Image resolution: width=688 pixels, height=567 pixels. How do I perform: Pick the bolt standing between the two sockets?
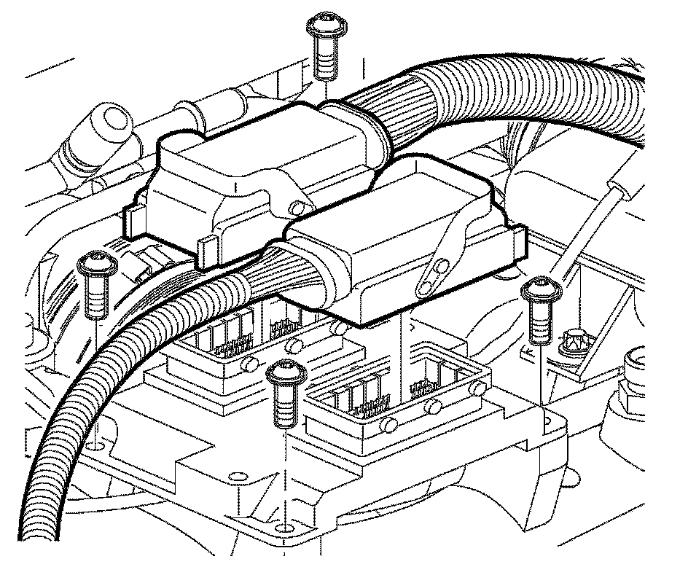pyautogui.click(x=283, y=375)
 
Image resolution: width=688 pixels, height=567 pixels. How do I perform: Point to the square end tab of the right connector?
pyautogui.click(x=517, y=242)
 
